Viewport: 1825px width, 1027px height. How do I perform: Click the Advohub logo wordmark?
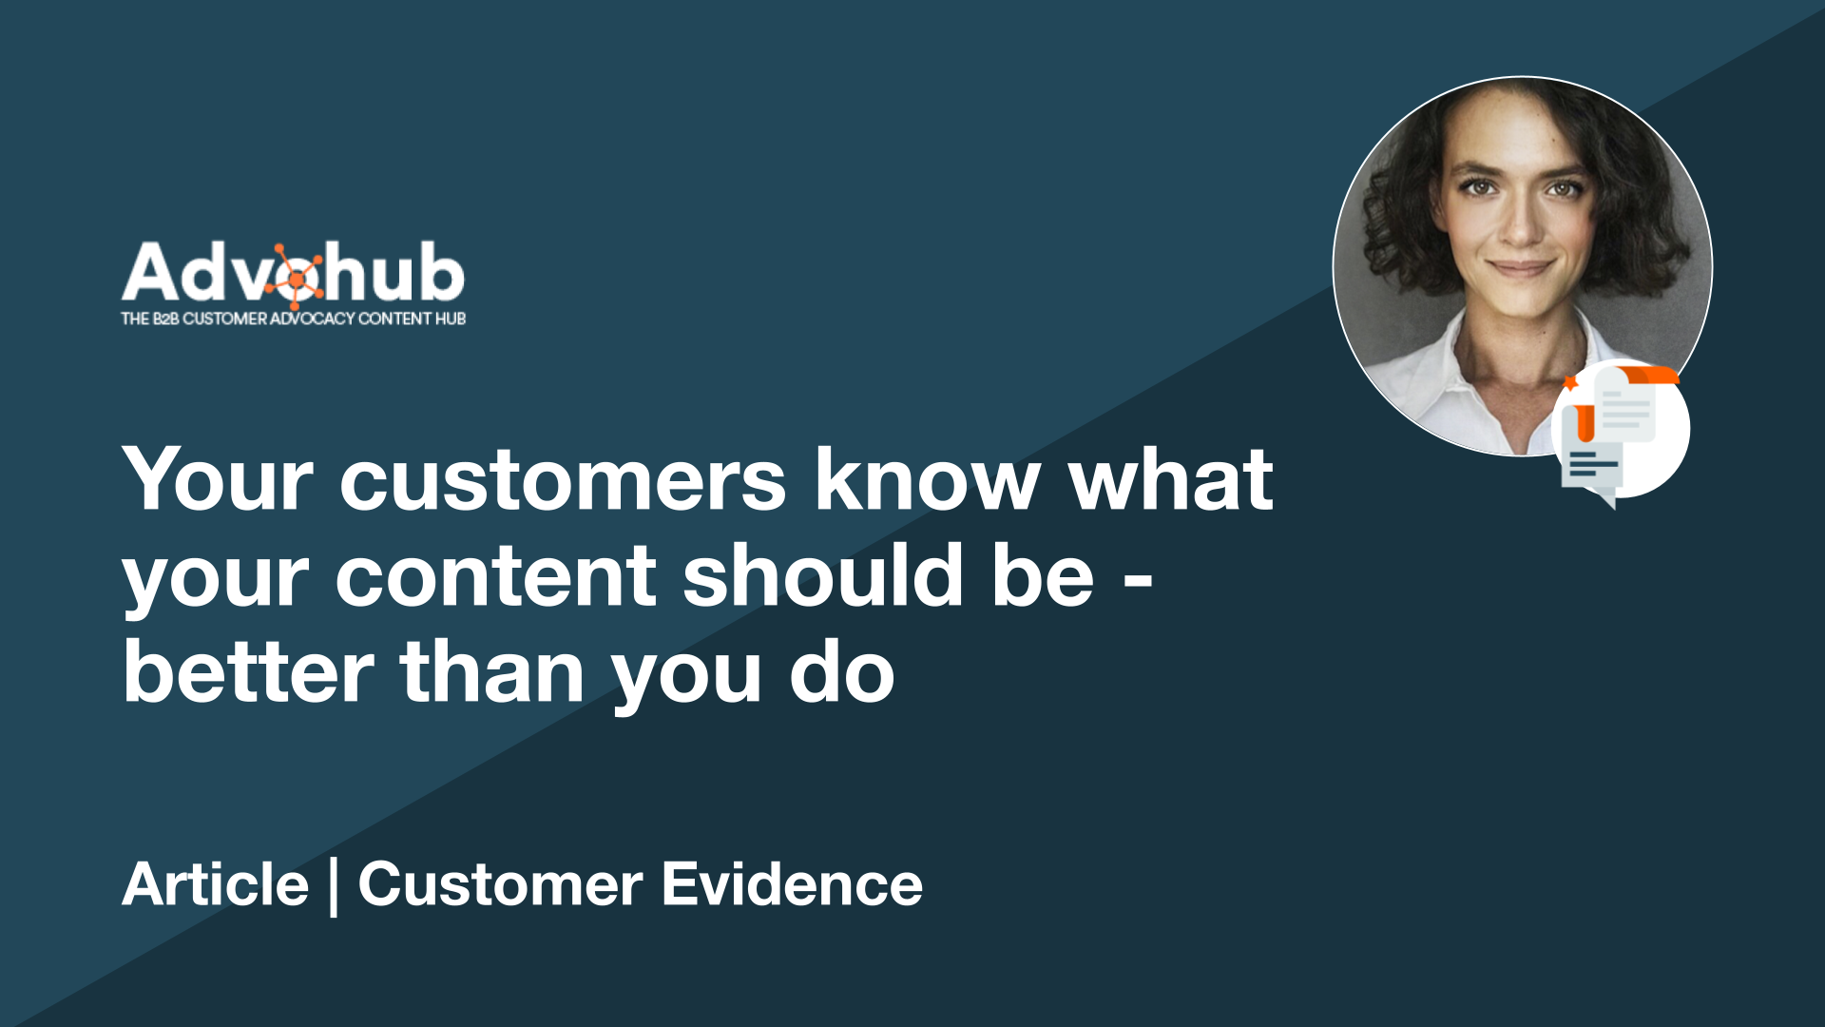point(293,274)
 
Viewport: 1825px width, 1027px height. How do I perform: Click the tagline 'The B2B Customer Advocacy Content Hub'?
point(293,319)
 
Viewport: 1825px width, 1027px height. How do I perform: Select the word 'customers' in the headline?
point(563,480)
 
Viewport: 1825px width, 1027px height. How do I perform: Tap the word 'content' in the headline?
point(495,576)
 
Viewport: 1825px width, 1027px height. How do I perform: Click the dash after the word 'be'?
point(1138,579)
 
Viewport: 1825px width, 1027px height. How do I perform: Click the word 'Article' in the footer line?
point(216,884)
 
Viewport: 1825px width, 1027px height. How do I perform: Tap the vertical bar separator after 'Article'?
point(334,886)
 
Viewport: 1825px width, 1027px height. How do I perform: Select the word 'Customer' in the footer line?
point(501,884)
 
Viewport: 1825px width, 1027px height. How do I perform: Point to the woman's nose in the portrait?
point(1521,223)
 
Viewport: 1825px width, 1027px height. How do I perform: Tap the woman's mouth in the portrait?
point(1520,268)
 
